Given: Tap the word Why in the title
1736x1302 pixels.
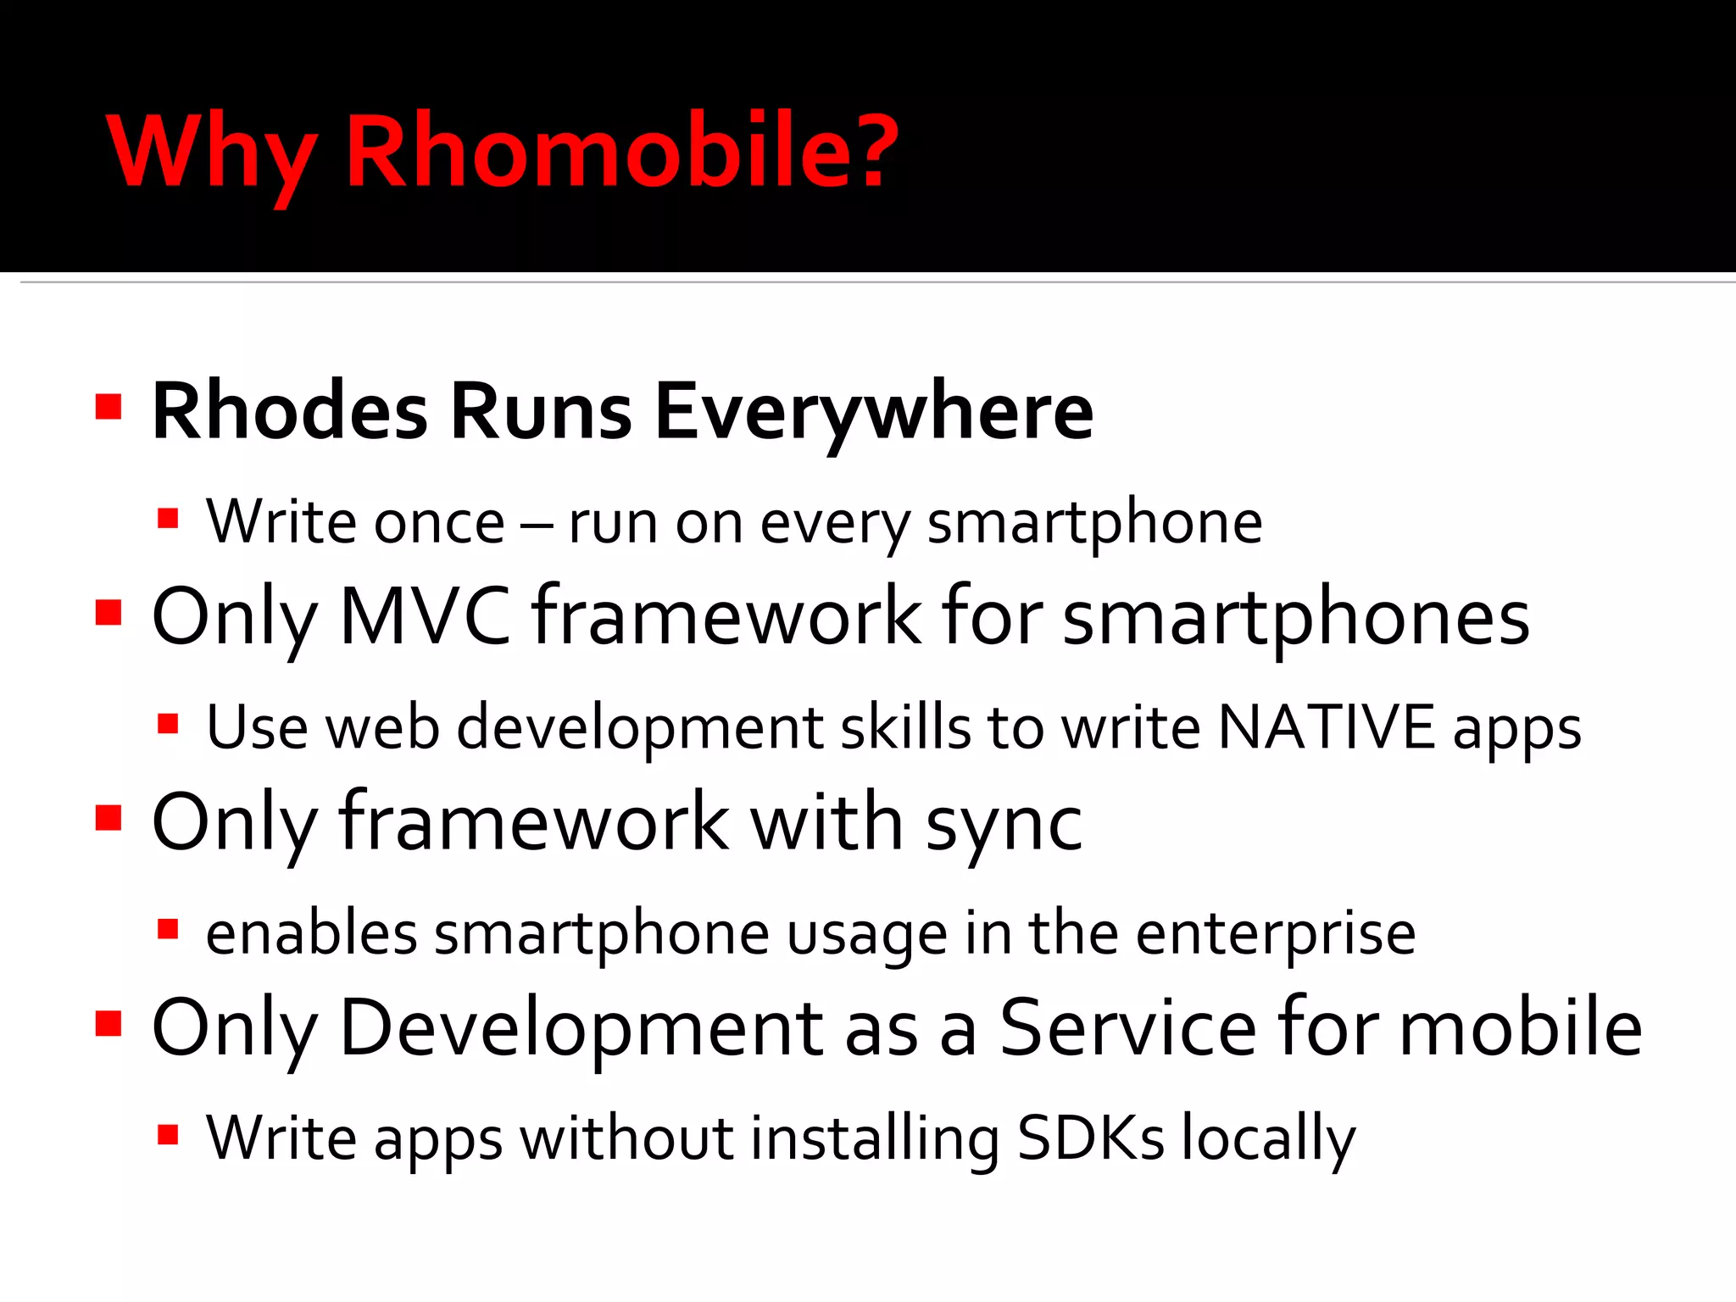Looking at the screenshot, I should [x=212, y=153].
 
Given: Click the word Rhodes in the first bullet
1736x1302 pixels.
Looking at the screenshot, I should [x=289, y=412].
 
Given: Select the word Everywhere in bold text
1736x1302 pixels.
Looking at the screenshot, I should [x=874, y=412].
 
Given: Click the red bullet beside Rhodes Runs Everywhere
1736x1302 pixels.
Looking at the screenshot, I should [x=108, y=407].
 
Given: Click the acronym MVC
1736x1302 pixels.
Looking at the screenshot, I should [x=425, y=617].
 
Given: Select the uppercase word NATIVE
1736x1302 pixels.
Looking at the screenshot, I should [x=1326, y=727].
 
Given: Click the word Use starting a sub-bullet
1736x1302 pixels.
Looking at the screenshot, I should [x=257, y=727].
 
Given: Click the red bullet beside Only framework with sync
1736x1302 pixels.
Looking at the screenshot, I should [x=108, y=819].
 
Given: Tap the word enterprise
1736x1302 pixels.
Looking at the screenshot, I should [x=1275, y=934].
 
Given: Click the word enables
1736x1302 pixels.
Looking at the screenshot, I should [x=311, y=933].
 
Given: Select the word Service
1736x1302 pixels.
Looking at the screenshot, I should [x=1128, y=1027].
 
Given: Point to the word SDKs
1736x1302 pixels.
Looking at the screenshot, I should [x=1090, y=1138].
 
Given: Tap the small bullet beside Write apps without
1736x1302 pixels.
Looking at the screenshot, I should [x=168, y=1134].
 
